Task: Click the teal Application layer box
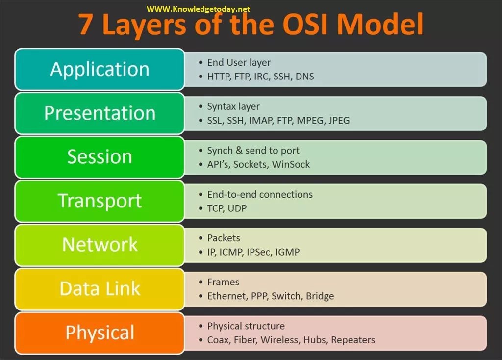pyautogui.click(x=100, y=69)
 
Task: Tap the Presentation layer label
pyautogui.click(x=100, y=113)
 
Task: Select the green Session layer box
pyautogui.click(x=100, y=157)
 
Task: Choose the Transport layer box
pyautogui.click(x=100, y=201)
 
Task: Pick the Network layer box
pyautogui.click(x=100, y=245)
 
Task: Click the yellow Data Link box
pyautogui.click(x=100, y=289)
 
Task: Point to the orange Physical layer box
pyautogui.click(x=100, y=333)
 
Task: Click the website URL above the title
pyautogui.click(x=198, y=9)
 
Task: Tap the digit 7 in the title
pyautogui.click(x=86, y=25)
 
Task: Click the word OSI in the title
pyautogui.click(x=305, y=25)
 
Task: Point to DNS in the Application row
pyautogui.click(x=305, y=77)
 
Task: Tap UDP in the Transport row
pyautogui.click(x=237, y=208)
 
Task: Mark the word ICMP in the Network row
pyautogui.click(x=231, y=252)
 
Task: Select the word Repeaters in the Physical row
pyautogui.click(x=353, y=340)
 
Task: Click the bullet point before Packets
pyautogui.click(x=201, y=238)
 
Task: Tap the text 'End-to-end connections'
pyautogui.click(x=260, y=194)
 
